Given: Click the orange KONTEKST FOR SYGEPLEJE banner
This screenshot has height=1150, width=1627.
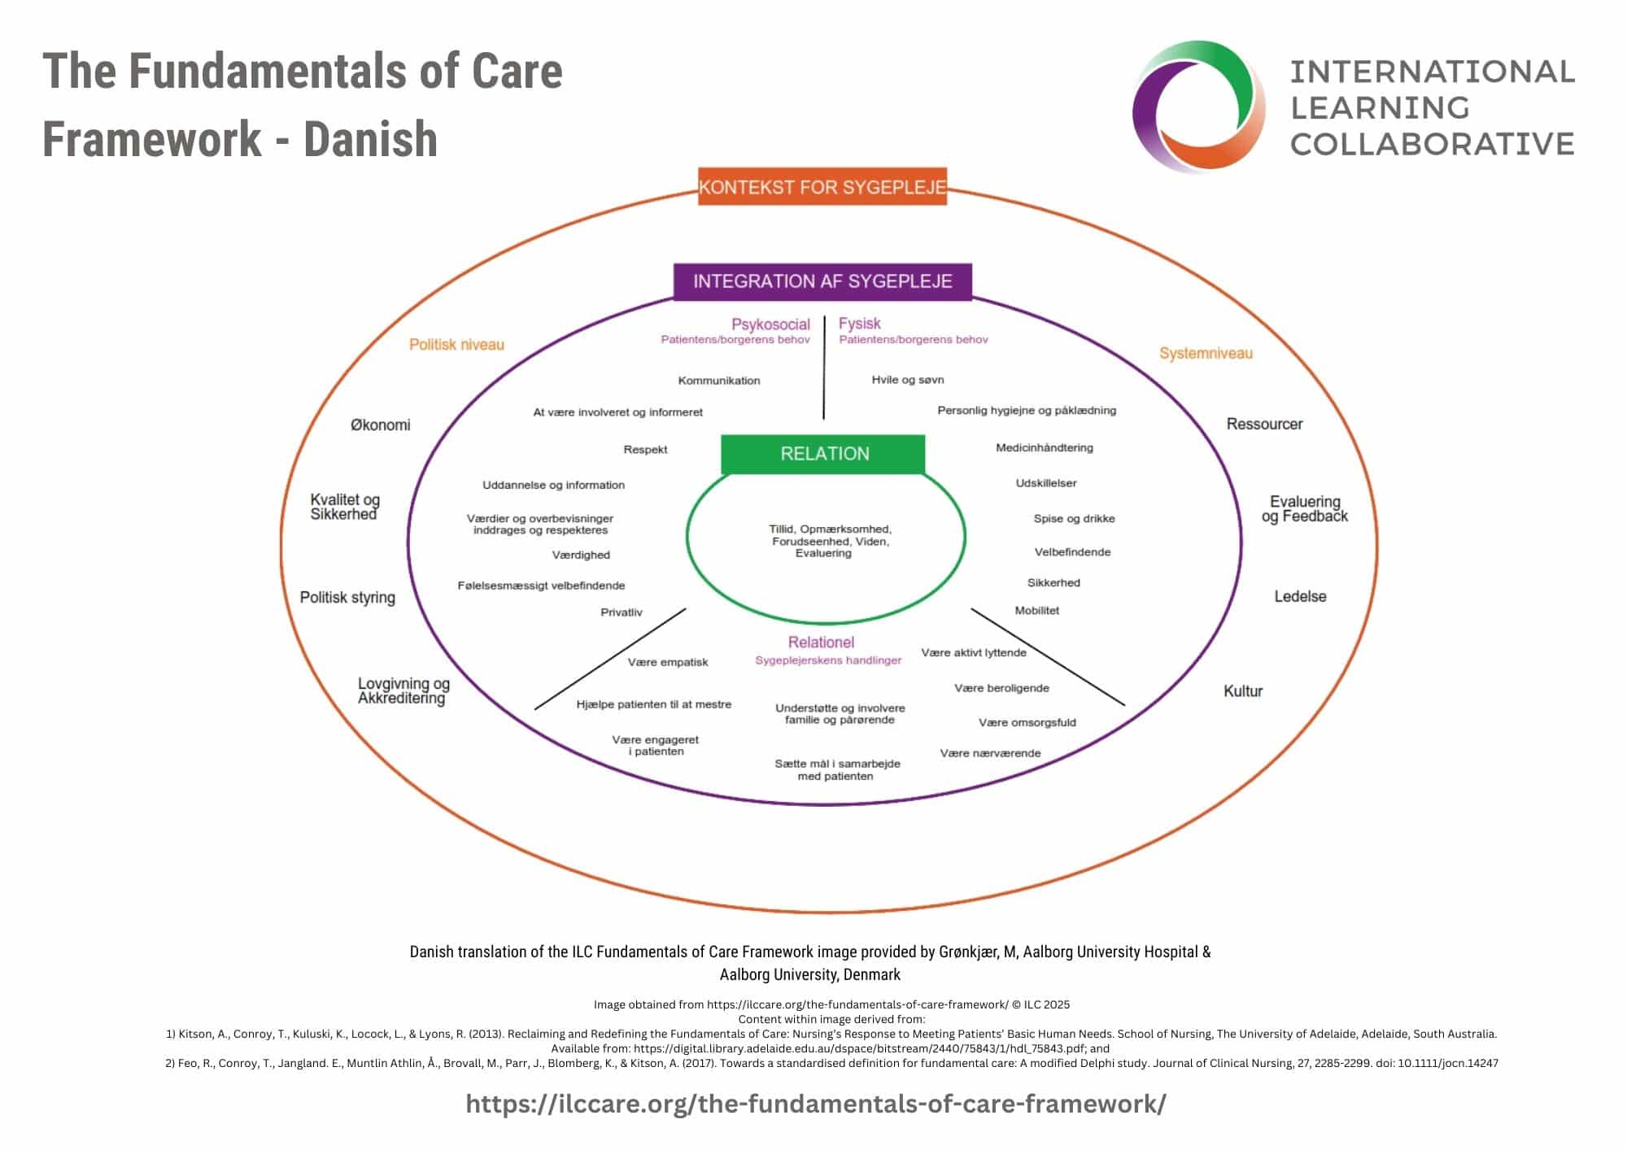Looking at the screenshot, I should (x=822, y=187).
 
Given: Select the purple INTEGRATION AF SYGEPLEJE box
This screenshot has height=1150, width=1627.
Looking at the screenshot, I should (x=822, y=281).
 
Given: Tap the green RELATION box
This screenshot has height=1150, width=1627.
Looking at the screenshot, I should (x=823, y=454).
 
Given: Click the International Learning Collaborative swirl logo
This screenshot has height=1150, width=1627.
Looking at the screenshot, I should (x=1199, y=107).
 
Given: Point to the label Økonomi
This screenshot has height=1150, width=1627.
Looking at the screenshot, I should (x=380, y=425).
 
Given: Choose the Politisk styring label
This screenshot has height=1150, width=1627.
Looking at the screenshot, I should (x=347, y=597).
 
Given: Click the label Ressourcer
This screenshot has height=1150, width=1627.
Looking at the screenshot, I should (x=1264, y=424).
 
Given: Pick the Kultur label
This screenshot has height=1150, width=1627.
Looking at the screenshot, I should (x=1243, y=690).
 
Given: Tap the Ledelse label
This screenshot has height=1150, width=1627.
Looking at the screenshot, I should (x=1300, y=596).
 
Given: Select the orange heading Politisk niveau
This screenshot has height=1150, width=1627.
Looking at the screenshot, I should (x=456, y=345).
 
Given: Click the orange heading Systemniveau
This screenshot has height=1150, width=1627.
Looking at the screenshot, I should (x=1206, y=353).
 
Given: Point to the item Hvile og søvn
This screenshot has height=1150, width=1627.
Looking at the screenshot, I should (x=908, y=380).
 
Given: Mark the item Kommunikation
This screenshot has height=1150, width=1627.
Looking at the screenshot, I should (x=719, y=381).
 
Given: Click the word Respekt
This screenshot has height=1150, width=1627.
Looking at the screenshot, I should (x=645, y=450).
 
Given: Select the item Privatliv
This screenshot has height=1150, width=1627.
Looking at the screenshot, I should (x=622, y=612).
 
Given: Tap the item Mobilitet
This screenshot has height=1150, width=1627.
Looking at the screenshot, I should (x=1036, y=611).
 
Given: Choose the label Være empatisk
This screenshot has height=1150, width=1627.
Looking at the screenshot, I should (x=668, y=662).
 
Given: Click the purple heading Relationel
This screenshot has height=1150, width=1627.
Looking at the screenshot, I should (x=821, y=643).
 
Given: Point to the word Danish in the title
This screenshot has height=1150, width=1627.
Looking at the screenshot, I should (x=370, y=139).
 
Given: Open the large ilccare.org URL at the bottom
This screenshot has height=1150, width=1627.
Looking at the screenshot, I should (x=815, y=1104).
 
